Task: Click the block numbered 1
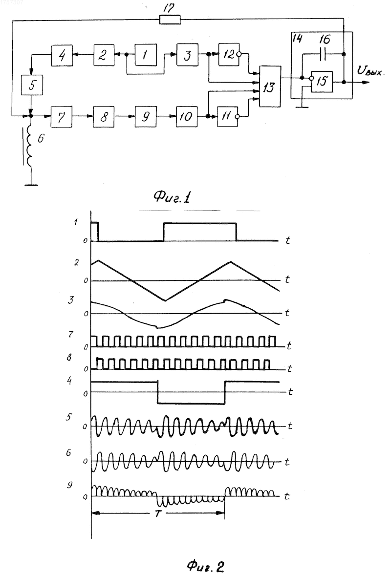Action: coord(146,55)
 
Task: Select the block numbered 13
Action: coord(270,86)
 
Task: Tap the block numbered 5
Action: coord(32,85)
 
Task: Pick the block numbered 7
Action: coord(62,117)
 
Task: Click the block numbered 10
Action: coord(187,117)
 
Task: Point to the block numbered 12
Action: coord(229,55)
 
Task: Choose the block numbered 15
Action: coord(322,82)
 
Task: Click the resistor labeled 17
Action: coord(170,20)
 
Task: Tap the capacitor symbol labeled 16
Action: coord(323,54)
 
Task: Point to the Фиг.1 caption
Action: coord(173,197)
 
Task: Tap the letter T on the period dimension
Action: coord(158,513)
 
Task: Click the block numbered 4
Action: coord(62,55)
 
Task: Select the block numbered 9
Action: coord(146,117)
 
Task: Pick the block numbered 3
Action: coord(187,55)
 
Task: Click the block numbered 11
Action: coord(227,117)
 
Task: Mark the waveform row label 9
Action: coord(69,485)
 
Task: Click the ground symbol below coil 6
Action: coord(31,185)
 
